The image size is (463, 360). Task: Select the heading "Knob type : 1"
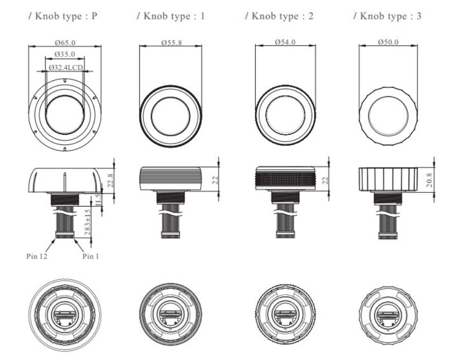point(171,16)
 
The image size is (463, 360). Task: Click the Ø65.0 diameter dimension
point(64,43)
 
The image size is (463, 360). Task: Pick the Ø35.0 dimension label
point(64,54)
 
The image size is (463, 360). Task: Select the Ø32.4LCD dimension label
point(65,67)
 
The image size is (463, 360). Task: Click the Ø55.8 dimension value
point(171,43)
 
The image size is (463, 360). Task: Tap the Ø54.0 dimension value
point(286,43)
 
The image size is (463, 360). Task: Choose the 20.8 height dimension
point(430,180)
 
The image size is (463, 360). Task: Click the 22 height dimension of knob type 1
point(216,179)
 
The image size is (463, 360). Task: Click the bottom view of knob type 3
point(389,317)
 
